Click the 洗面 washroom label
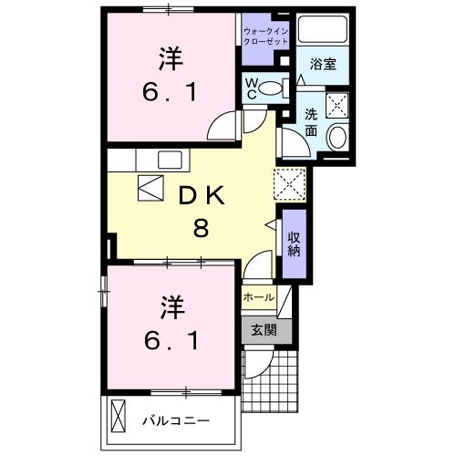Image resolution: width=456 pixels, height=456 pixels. click(x=311, y=121)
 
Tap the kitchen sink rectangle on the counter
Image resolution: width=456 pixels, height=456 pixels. click(x=171, y=159)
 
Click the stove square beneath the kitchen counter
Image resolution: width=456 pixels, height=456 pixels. click(x=148, y=187)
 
